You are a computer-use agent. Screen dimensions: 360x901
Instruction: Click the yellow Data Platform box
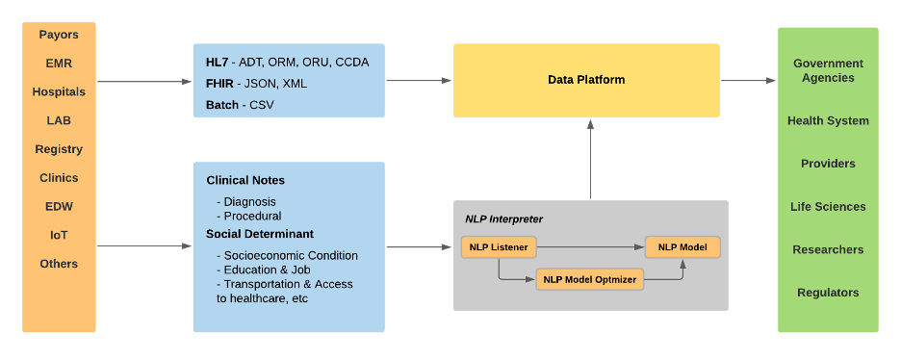click(586, 80)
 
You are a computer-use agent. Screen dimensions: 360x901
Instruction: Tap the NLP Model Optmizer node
click(590, 279)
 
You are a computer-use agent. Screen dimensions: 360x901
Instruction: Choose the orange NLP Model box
click(682, 247)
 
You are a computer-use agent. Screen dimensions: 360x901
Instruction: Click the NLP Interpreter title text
click(503, 219)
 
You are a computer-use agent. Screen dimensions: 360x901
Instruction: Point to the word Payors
click(59, 35)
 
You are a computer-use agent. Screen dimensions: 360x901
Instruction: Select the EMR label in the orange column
click(59, 64)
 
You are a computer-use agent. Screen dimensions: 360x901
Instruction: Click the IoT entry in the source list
click(59, 235)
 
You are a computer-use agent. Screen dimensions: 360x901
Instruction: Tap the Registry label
click(59, 149)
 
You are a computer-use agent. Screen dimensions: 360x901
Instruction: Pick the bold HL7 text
click(217, 63)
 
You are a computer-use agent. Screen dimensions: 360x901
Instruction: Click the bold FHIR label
click(220, 84)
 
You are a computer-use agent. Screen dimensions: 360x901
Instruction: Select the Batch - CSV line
click(240, 104)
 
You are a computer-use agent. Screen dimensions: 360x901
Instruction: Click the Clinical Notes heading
click(245, 180)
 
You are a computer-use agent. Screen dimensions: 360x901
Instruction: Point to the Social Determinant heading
click(260, 234)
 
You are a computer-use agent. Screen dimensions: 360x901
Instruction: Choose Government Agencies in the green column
click(828, 70)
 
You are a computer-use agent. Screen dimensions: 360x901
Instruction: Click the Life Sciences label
click(828, 206)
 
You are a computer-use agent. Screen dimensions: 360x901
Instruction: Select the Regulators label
click(828, 293)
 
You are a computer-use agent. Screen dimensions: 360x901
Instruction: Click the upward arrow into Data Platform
click(586, 159)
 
